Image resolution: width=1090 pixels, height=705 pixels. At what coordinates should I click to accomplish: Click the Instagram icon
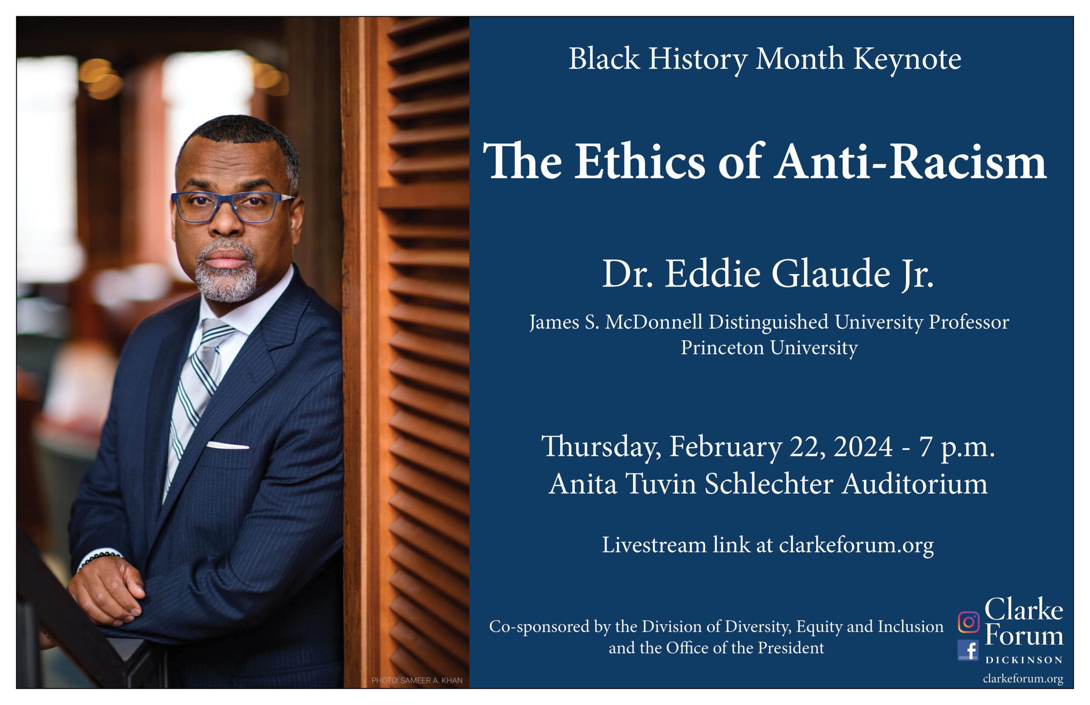[968, 622]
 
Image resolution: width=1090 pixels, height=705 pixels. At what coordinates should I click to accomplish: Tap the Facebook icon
[968, 650]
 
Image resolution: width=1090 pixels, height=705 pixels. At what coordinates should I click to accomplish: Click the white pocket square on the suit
[227, 445]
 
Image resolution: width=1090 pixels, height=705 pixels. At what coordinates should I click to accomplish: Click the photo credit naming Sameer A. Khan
[416, 680]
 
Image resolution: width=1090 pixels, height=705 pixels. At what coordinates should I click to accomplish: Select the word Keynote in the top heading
[907, 60]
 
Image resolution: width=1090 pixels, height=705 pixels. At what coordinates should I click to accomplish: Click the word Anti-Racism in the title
[910, 161]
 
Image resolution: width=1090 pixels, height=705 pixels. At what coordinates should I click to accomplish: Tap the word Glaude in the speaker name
[830, 273]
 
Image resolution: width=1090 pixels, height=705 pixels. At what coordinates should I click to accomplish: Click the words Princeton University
[769, 347]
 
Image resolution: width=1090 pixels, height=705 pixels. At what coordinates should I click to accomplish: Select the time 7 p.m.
[957, 448]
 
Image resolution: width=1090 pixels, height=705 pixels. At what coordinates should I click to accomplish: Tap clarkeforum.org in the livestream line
[856, 545]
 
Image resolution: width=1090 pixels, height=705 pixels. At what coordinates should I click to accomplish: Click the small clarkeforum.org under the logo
[1023, 679]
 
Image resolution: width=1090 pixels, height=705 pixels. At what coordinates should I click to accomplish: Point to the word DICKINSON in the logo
[1024, 660]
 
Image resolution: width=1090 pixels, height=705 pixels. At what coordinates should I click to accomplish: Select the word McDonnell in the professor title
[654, 322]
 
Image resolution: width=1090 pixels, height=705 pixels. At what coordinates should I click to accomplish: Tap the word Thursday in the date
[601, 447]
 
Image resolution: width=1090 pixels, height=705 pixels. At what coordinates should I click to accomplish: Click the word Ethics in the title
[640, 161]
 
